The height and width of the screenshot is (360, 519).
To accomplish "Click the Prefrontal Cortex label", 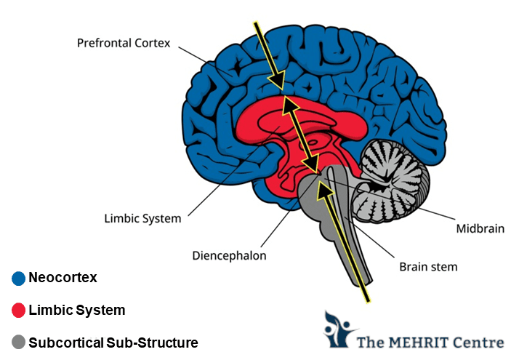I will tap(124, 43).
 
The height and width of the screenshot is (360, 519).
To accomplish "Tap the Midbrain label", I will tap(480, 228).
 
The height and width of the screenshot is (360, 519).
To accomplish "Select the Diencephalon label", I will tap(229, 256).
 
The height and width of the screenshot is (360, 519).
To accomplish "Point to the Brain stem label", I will tap(428, 267).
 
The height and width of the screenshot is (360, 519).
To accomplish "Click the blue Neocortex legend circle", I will tap(19, 278).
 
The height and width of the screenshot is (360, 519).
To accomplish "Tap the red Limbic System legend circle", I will tap(19, 311).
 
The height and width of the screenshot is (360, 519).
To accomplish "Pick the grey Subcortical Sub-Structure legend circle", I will tap(19, 342).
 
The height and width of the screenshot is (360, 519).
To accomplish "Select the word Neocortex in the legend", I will tap(63, 278).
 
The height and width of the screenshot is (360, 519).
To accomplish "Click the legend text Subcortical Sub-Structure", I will tap(113, 342).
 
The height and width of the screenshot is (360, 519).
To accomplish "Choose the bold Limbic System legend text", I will tap(77, 311).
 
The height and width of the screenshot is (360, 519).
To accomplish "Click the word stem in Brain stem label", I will tap(445, 267).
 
